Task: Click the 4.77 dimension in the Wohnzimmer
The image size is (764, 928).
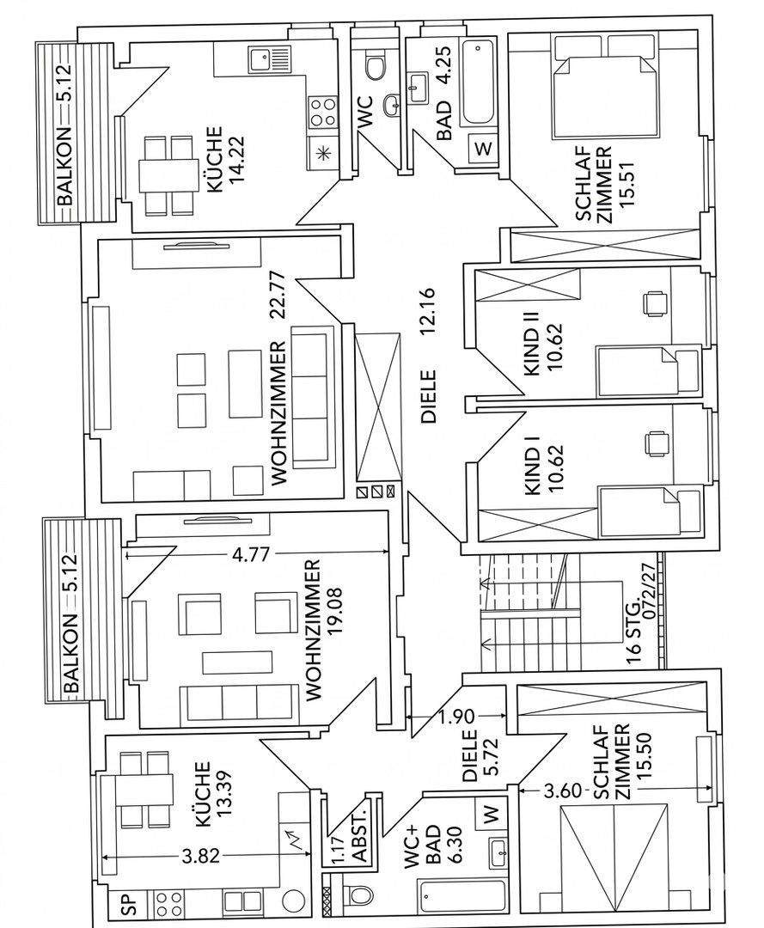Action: [254, 554]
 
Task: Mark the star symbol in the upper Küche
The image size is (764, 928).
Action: [323, 154]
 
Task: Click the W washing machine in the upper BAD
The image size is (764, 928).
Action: [484, 147]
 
